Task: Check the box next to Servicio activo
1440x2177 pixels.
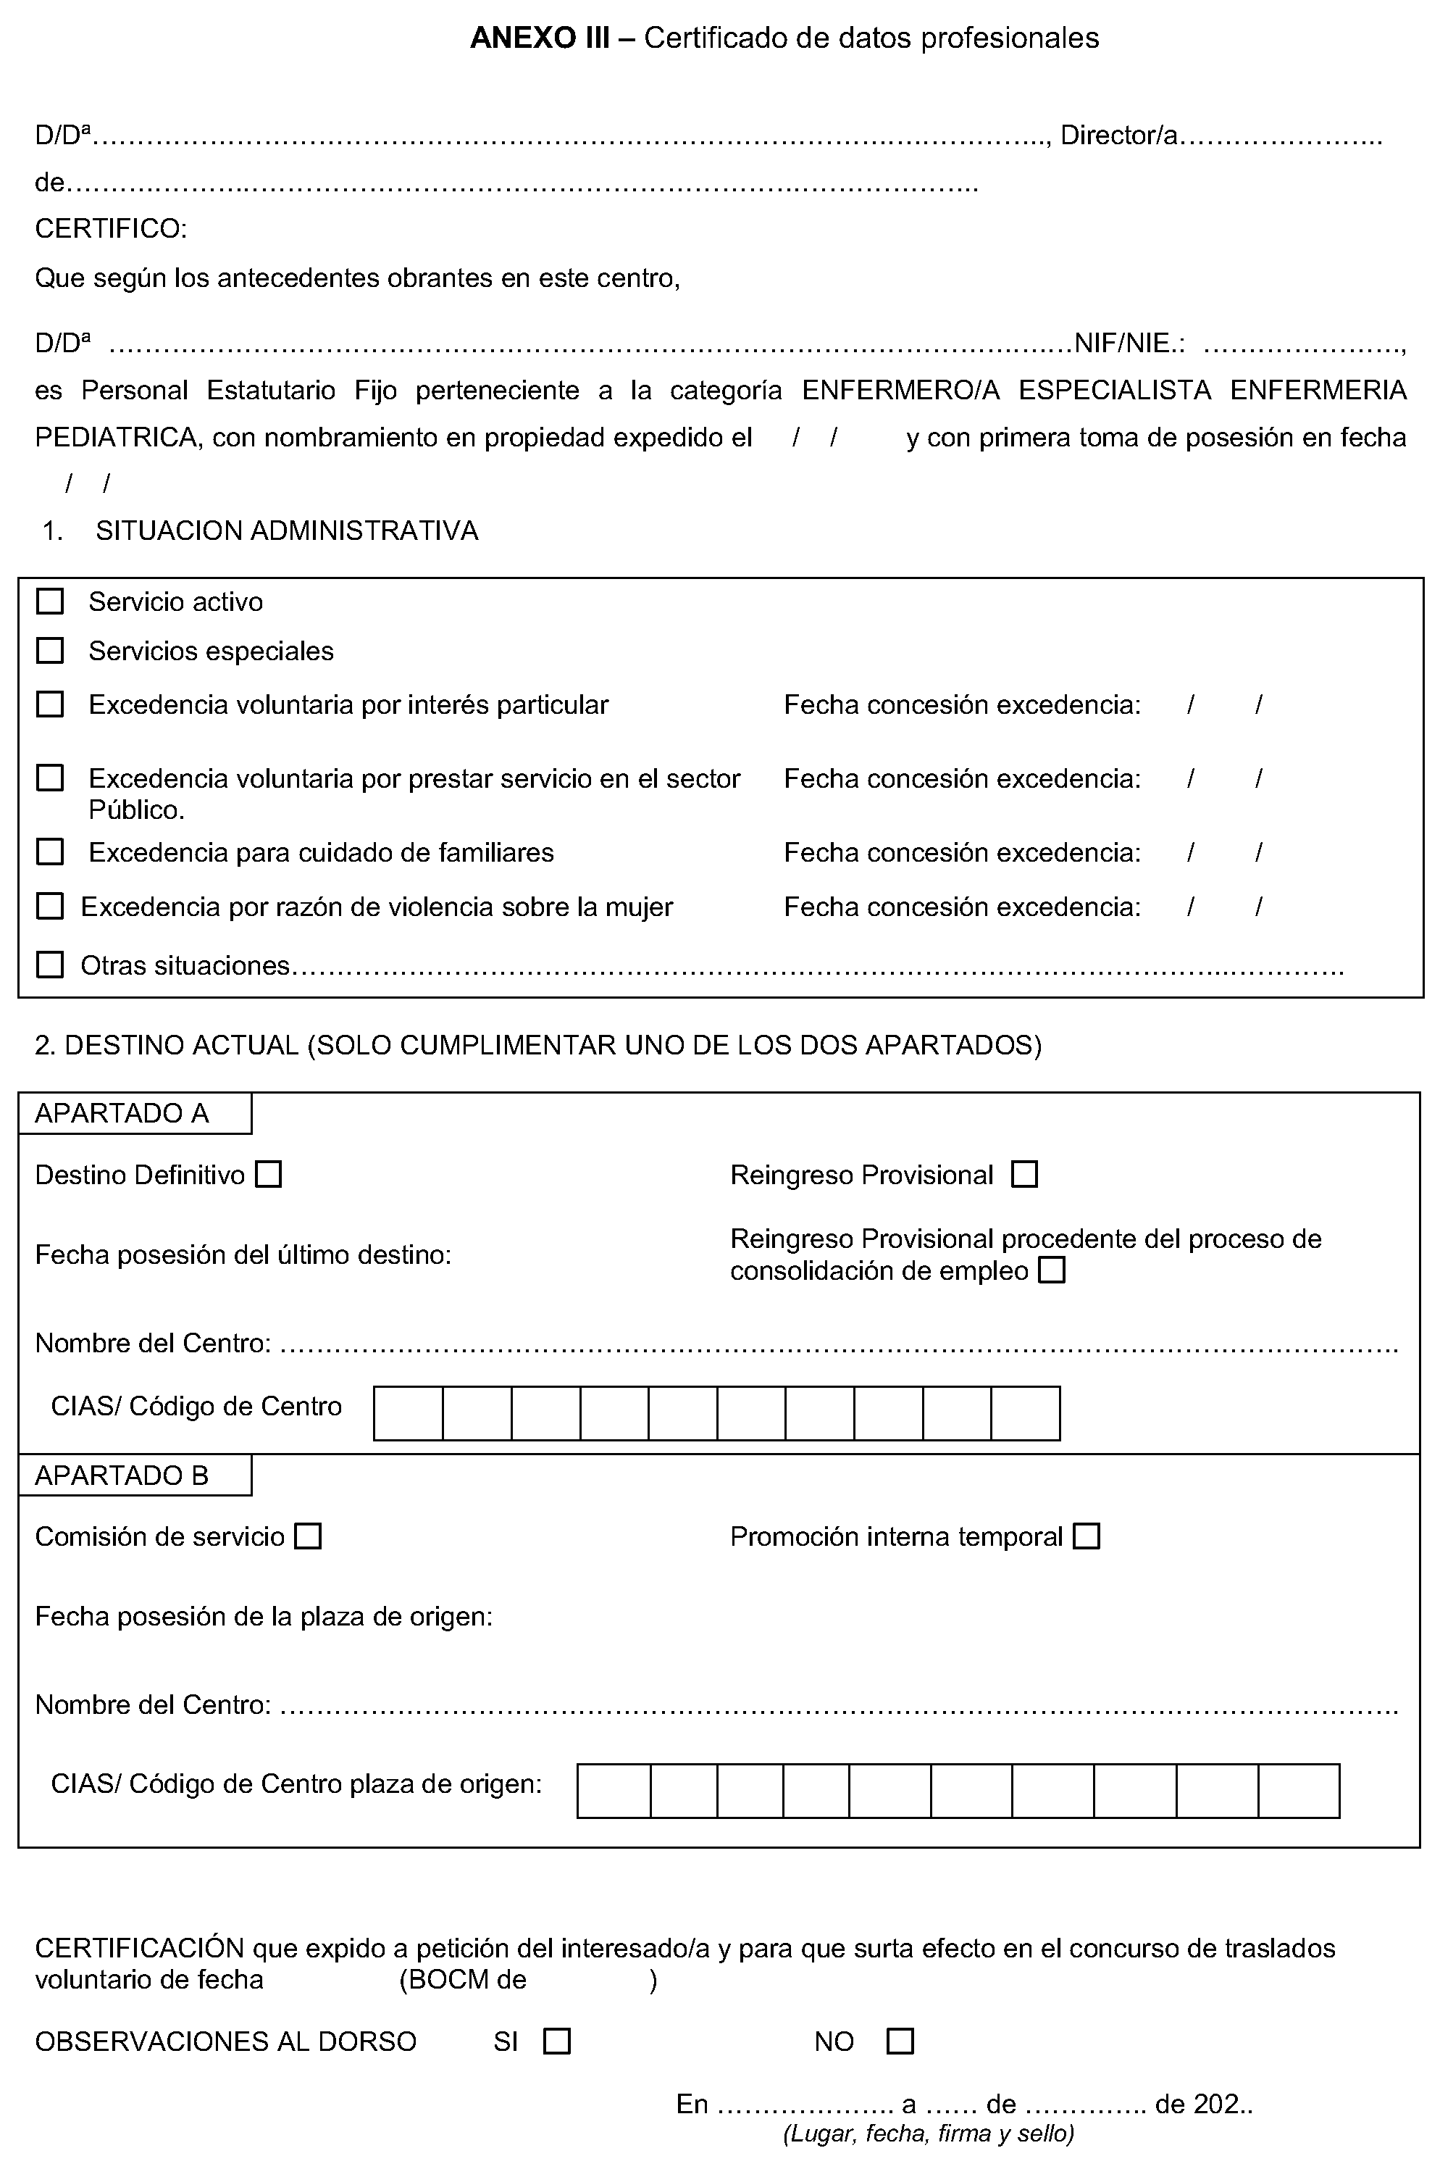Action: pyautogui.click(x=49, y=602)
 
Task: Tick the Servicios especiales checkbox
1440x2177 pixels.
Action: pyautogui.click(x=49, y=650)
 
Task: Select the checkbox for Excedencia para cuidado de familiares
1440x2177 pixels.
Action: pyautogui.click(x=49, y=852)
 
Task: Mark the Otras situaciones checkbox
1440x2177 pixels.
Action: pyautogui.click(x=49, y=965)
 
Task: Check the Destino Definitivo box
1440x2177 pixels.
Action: pyautogui.click(x=268, y=1174)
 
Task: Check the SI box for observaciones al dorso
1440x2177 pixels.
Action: pyautogui.click(x=556, y=2041)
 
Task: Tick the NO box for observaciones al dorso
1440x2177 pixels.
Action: pyautogui.click(x=900, y=2041)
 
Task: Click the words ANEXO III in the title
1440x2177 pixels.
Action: pyautogui.click(x=539, y=38)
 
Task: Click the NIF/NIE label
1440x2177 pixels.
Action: pyautogui.click(x=1129, y=344)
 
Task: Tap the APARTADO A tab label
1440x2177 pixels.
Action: pyautogui.click(x=122, y=1113)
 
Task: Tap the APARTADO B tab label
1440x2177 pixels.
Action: pyautogui.click(x=122, y=1475)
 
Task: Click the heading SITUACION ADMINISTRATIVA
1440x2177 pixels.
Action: pyautogui.click(x=287, y=531)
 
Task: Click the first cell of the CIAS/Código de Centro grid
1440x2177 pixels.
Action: pyautogui.click(x=409, y=1412)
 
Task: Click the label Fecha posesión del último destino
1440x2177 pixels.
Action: pyautogui.click(x=243, y=1254)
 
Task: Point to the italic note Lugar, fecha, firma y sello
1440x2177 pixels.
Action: pyautogui.click(x=929, y=2133)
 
